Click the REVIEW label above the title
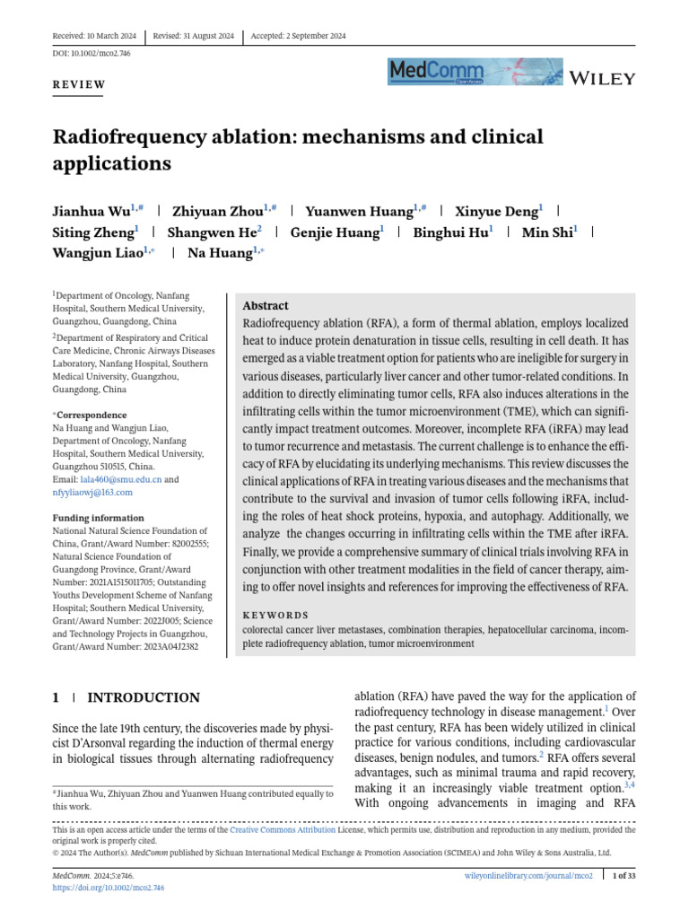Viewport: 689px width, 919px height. coord(79,85)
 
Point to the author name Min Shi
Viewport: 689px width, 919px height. coord(546,233)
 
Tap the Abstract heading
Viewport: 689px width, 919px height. coord(266,305)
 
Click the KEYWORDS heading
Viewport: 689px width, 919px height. coord(275,616)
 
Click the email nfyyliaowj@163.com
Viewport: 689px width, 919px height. coord(92,492)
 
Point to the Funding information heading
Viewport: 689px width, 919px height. coord(98,518)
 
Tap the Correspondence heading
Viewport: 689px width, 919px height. coord(92,416)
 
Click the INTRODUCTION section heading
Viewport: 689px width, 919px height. coord(143,697)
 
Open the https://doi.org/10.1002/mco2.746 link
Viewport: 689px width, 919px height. coord(109,887)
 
